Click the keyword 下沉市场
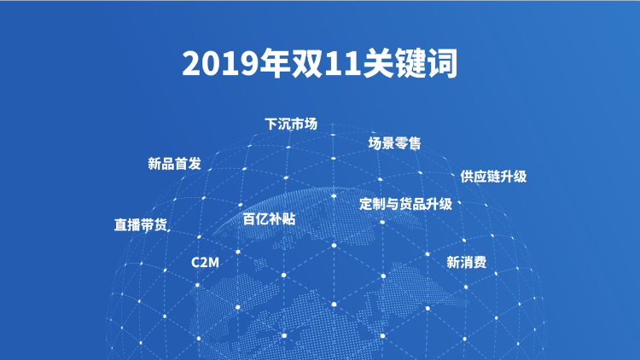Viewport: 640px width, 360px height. click(291, 124)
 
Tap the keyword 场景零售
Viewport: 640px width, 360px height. click(395, 143)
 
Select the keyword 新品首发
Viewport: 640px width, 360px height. click(174, 164)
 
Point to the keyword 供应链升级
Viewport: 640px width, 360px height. click(493, 177)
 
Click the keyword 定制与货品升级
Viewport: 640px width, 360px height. click(405, 204)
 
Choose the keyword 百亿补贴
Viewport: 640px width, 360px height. click(269, 218)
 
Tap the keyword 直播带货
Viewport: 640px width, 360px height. click(141, 225)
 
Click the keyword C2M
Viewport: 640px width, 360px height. click(205, 262)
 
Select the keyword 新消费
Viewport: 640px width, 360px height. click(467, 262)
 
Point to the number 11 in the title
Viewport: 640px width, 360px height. click(342, 63)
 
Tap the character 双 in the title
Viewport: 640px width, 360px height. click(306, 63)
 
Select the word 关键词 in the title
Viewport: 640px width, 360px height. click(410, 63)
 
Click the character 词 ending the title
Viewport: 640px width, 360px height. click(442, 63)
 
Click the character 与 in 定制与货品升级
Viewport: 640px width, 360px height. click(393, 204)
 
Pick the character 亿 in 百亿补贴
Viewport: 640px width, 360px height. click(263, 218)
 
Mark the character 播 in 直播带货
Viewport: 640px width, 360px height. click(134, 225)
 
